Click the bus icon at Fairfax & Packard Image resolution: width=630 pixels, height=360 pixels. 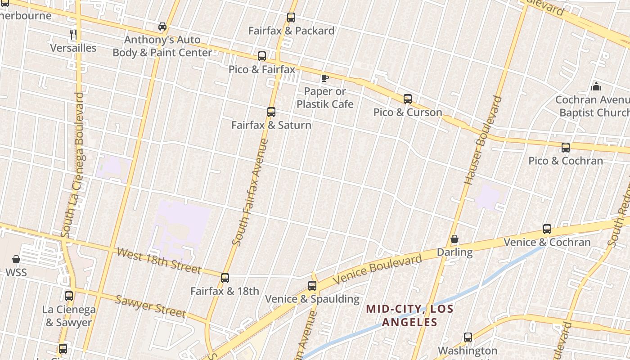(291, 18)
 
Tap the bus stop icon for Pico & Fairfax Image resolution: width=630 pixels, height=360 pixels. (262, 56)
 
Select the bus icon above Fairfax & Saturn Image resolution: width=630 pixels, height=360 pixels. (271, 112)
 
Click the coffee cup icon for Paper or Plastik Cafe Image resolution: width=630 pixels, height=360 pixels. (324, 78)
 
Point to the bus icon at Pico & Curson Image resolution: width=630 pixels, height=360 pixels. (408, 99)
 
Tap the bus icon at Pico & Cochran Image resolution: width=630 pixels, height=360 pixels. (566, 148)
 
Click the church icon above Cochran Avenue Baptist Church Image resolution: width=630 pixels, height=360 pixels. (596, 86)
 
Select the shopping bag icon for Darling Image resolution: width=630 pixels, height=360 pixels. (454, 239)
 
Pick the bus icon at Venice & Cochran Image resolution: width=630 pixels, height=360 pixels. (547, 229)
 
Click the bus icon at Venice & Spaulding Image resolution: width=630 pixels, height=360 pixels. (312, 286)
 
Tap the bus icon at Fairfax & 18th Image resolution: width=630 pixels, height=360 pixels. (225, 278)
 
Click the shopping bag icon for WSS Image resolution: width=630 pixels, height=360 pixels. (16, 259)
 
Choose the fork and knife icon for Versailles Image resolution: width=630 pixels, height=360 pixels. (73, 34)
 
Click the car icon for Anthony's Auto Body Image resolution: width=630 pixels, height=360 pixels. (162, 27)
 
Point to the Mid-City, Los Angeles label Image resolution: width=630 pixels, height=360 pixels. (409, 315)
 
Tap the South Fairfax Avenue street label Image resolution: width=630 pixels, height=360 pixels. (250, 193)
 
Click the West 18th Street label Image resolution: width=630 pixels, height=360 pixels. (158, 261)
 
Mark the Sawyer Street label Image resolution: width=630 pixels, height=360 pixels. (150, 306)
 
